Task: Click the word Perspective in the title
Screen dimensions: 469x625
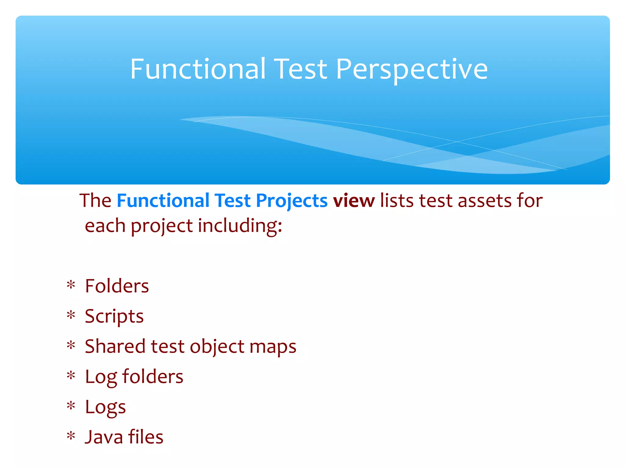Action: pos(412,70)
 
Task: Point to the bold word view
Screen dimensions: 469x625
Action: pos(354,201)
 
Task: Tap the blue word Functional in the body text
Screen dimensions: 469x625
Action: pos(163,201)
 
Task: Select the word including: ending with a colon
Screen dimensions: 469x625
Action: pos(240,226)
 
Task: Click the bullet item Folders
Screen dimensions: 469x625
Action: pos(117,286)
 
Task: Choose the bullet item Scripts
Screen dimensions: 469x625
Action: pos(114,316)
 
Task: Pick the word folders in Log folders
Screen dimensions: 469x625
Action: pos(153,376)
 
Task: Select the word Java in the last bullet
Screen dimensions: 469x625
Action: pos(104,437)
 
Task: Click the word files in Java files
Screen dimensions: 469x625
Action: pos(146,437)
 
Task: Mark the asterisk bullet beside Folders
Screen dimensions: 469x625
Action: pos(71,285)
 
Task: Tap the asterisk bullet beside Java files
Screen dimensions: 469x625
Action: pos(71,436)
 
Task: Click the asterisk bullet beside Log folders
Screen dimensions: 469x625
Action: pos(71,375)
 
